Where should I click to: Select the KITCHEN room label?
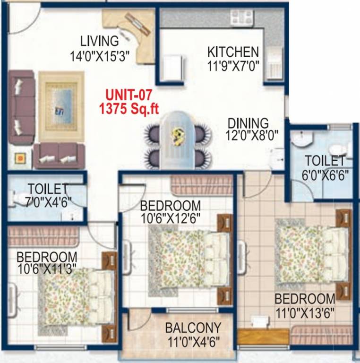coord(233,52)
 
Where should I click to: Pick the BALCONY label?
coord(193,328)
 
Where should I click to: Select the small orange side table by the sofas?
coord(20,158)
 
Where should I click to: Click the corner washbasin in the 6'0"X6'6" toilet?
coord(300,139)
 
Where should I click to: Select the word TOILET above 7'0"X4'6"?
coord(48,189)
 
